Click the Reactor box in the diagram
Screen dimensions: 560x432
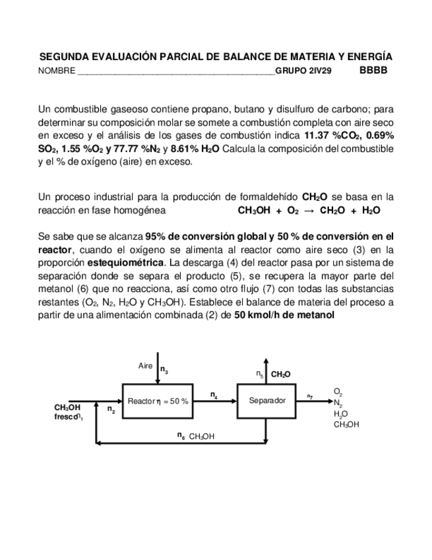point(157,400)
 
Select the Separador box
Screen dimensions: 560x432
point(266,400)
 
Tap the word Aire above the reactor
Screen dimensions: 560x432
point(146,366)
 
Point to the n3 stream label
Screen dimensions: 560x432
point(164,371)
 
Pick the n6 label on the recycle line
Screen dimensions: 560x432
point(181,435)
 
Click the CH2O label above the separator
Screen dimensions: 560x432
point(280,374)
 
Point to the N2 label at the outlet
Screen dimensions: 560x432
point(338,403)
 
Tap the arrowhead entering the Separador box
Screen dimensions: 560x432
point(234,400)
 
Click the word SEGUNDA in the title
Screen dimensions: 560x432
point(66,57)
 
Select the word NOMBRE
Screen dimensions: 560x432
point(57,71)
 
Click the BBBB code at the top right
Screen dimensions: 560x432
point(373,70)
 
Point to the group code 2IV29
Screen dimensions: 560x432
point(321,71)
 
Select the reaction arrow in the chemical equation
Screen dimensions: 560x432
point(308,211)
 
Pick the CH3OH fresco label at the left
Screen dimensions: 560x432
point(68,412)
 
